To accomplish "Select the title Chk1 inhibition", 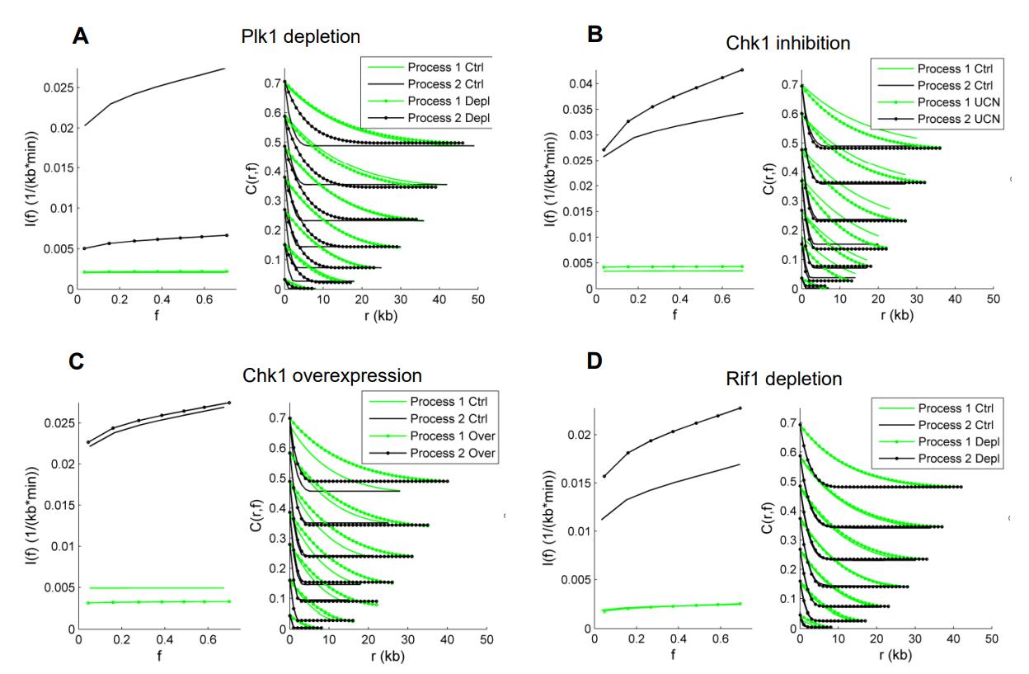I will click(x=797, y=44).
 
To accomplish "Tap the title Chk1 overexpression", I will click(x=332, y=375).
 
